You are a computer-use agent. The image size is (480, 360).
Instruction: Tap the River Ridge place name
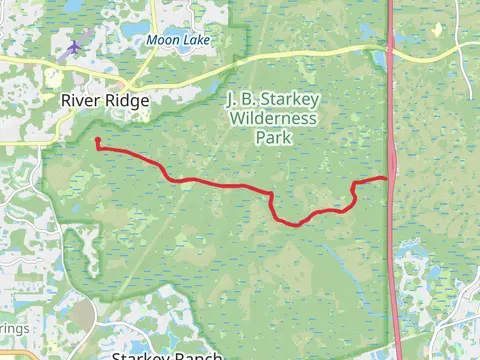tap(105, 100)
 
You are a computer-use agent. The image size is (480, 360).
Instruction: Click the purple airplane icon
tap(73, 46)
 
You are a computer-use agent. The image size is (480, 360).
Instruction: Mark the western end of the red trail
tap(97, 141)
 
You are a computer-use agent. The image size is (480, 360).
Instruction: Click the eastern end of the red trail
tap(387, 178)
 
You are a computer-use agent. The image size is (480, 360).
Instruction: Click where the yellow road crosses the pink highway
tap(390, 47)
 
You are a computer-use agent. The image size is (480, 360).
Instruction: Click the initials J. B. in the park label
tap(238, 101)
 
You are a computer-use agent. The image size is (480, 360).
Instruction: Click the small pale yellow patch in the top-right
tap(437, 31)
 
